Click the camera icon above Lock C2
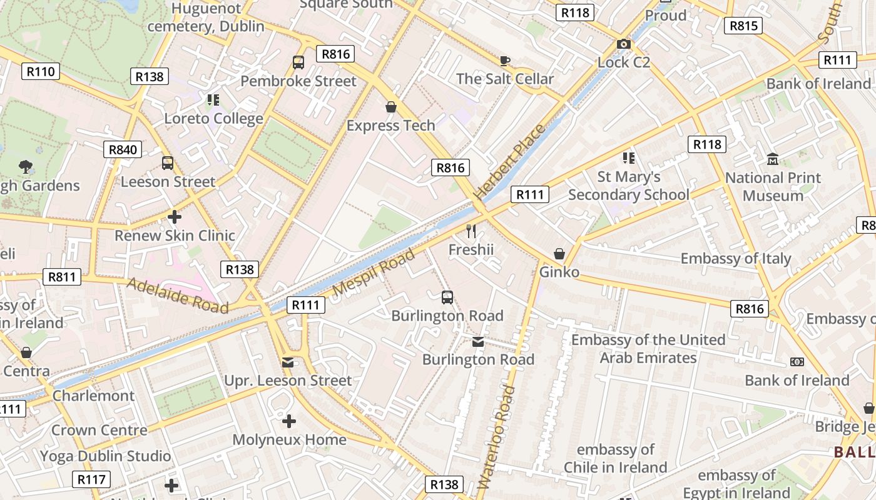pos(623,44)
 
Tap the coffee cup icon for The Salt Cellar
pos(505,61)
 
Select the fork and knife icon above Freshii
pos(471,231)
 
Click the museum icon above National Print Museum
pos(773,159)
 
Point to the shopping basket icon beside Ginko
pos(559,254)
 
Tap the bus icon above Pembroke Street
pos(298,62)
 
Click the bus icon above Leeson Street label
pos(168,163)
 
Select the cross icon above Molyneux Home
pos(288,421)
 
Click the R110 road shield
pos(41,71)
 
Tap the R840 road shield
pos(123,149)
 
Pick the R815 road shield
pos(743,26)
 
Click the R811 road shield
pos(62,277)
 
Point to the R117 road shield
pos(91,479)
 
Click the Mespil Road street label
pos(374,272)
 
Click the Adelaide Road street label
pos(177,295)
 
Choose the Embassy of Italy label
pos(736,258)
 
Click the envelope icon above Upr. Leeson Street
pos(288,362)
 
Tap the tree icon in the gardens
pos(26,167)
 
